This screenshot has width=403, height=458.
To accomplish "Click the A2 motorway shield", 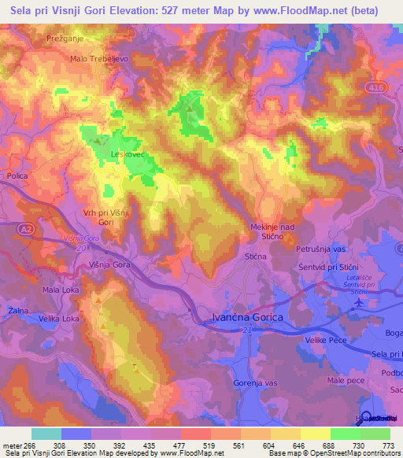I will point(25,227).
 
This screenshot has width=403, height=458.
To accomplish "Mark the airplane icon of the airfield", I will point(359,302).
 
